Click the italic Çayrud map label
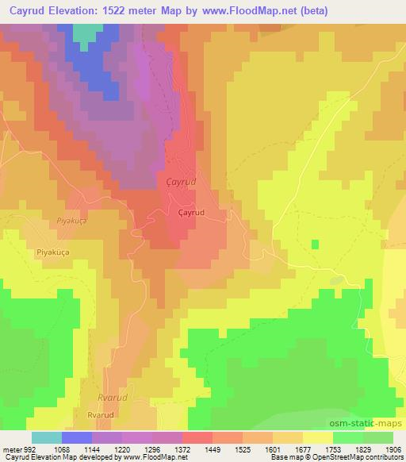tap(182, 182)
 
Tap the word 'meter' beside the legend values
tap(12, 449)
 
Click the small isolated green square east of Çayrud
tap(316, 244)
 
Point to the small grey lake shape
tap(336, 279)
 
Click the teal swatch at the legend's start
tap(47, 437)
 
